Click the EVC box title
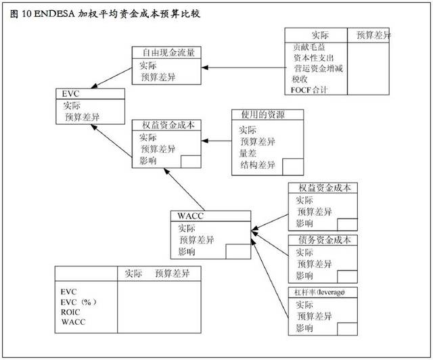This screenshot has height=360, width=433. click(71, 94)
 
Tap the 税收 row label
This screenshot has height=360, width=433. click(300, 78)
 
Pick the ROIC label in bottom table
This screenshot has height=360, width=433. click(71, 312)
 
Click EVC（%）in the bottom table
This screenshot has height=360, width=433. click(76, 301)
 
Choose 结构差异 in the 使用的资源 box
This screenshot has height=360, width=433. click(258, 164)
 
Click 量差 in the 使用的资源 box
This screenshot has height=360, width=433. click(248, 153)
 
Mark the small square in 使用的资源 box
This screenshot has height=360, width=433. click(293, 166)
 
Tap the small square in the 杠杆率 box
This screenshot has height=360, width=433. click(346, 328)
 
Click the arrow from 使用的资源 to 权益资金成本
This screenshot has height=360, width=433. click(216, 141)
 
